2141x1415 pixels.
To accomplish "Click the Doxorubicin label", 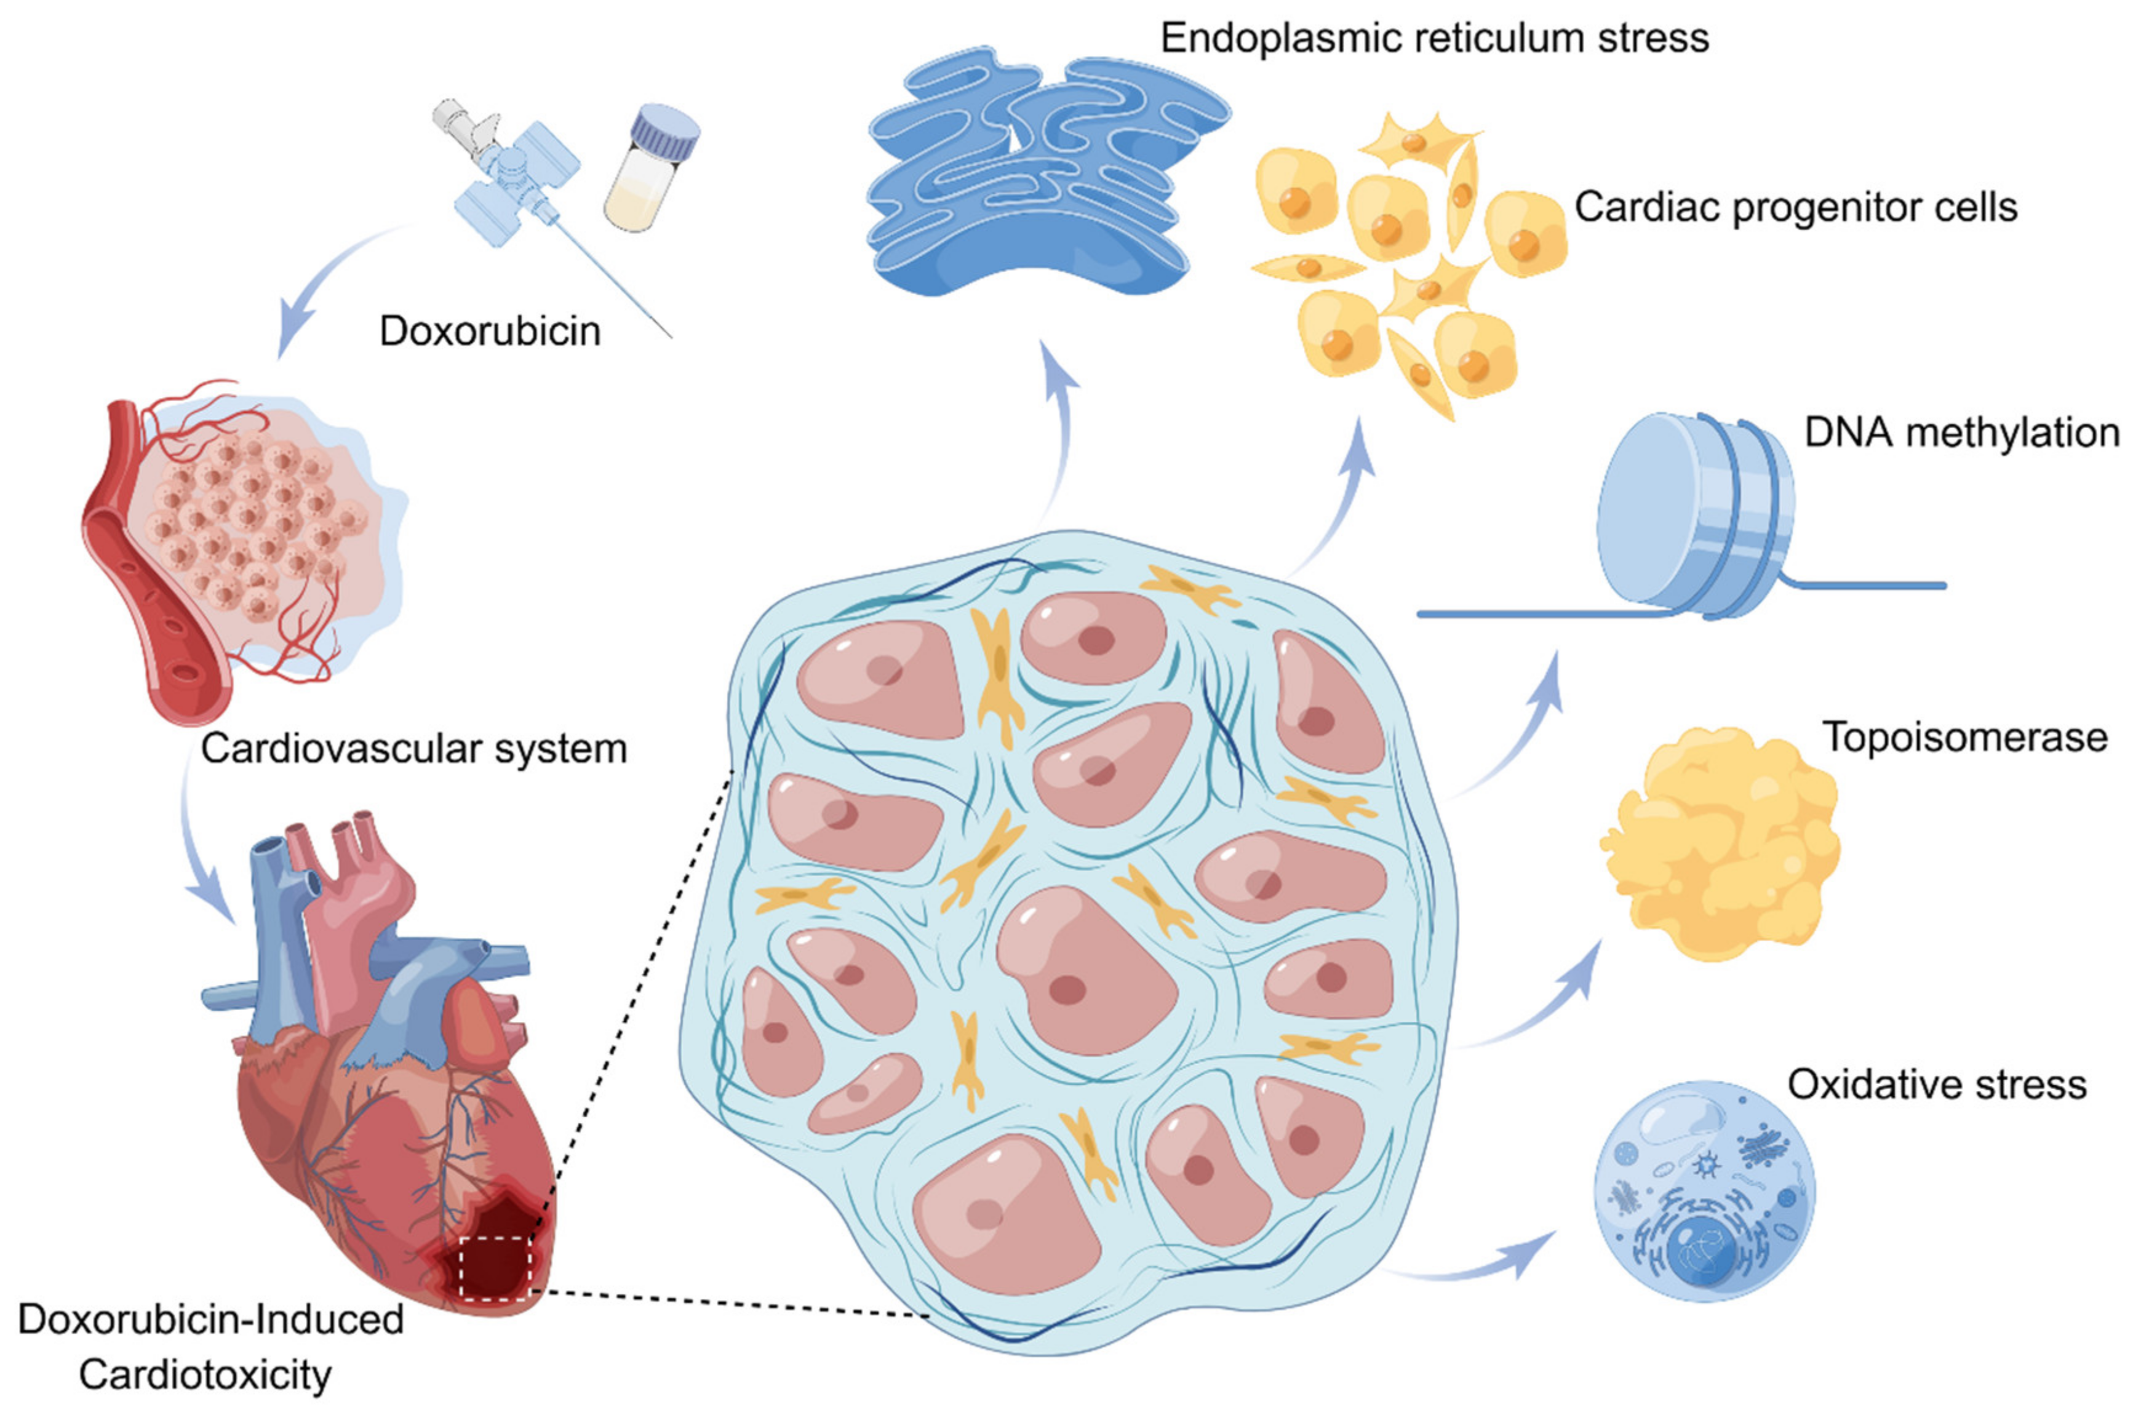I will [490, 331].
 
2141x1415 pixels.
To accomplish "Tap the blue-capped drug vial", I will [652, 169].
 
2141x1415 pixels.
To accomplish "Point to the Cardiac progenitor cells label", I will [1795, 207].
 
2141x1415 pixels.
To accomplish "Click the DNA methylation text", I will [1961, 432].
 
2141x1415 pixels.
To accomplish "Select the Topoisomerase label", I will [1965, 737].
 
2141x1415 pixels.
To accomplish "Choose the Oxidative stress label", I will [1937, 1084].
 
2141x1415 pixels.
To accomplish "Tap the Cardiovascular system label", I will [413, 749].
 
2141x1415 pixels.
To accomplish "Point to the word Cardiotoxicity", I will [205, 1375].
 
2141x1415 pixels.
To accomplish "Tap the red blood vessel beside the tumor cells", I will [145, 578].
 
